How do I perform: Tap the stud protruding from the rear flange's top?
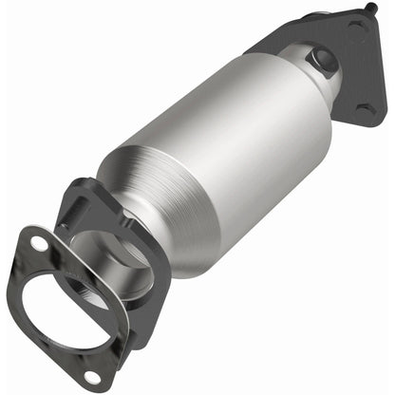[x=366, y=10]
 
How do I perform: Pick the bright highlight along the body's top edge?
[x=218, y=90]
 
